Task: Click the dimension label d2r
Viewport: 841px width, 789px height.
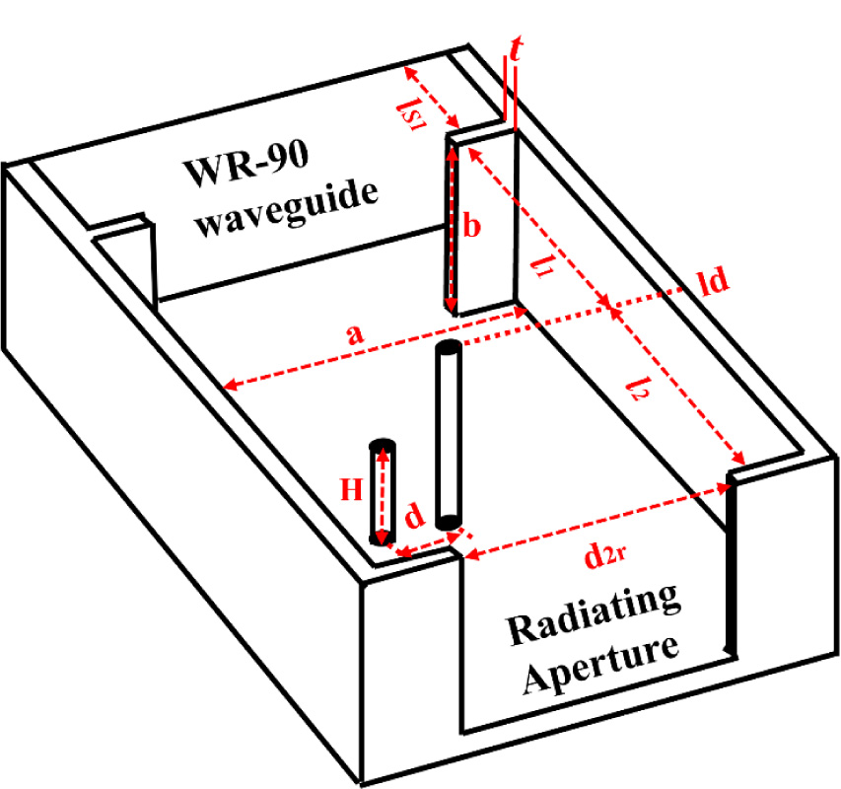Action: click(x=602, y=558)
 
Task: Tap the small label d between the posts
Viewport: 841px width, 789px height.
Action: click(x=415, y=516)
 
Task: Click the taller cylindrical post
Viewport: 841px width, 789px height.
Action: click(x=449, y=434)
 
